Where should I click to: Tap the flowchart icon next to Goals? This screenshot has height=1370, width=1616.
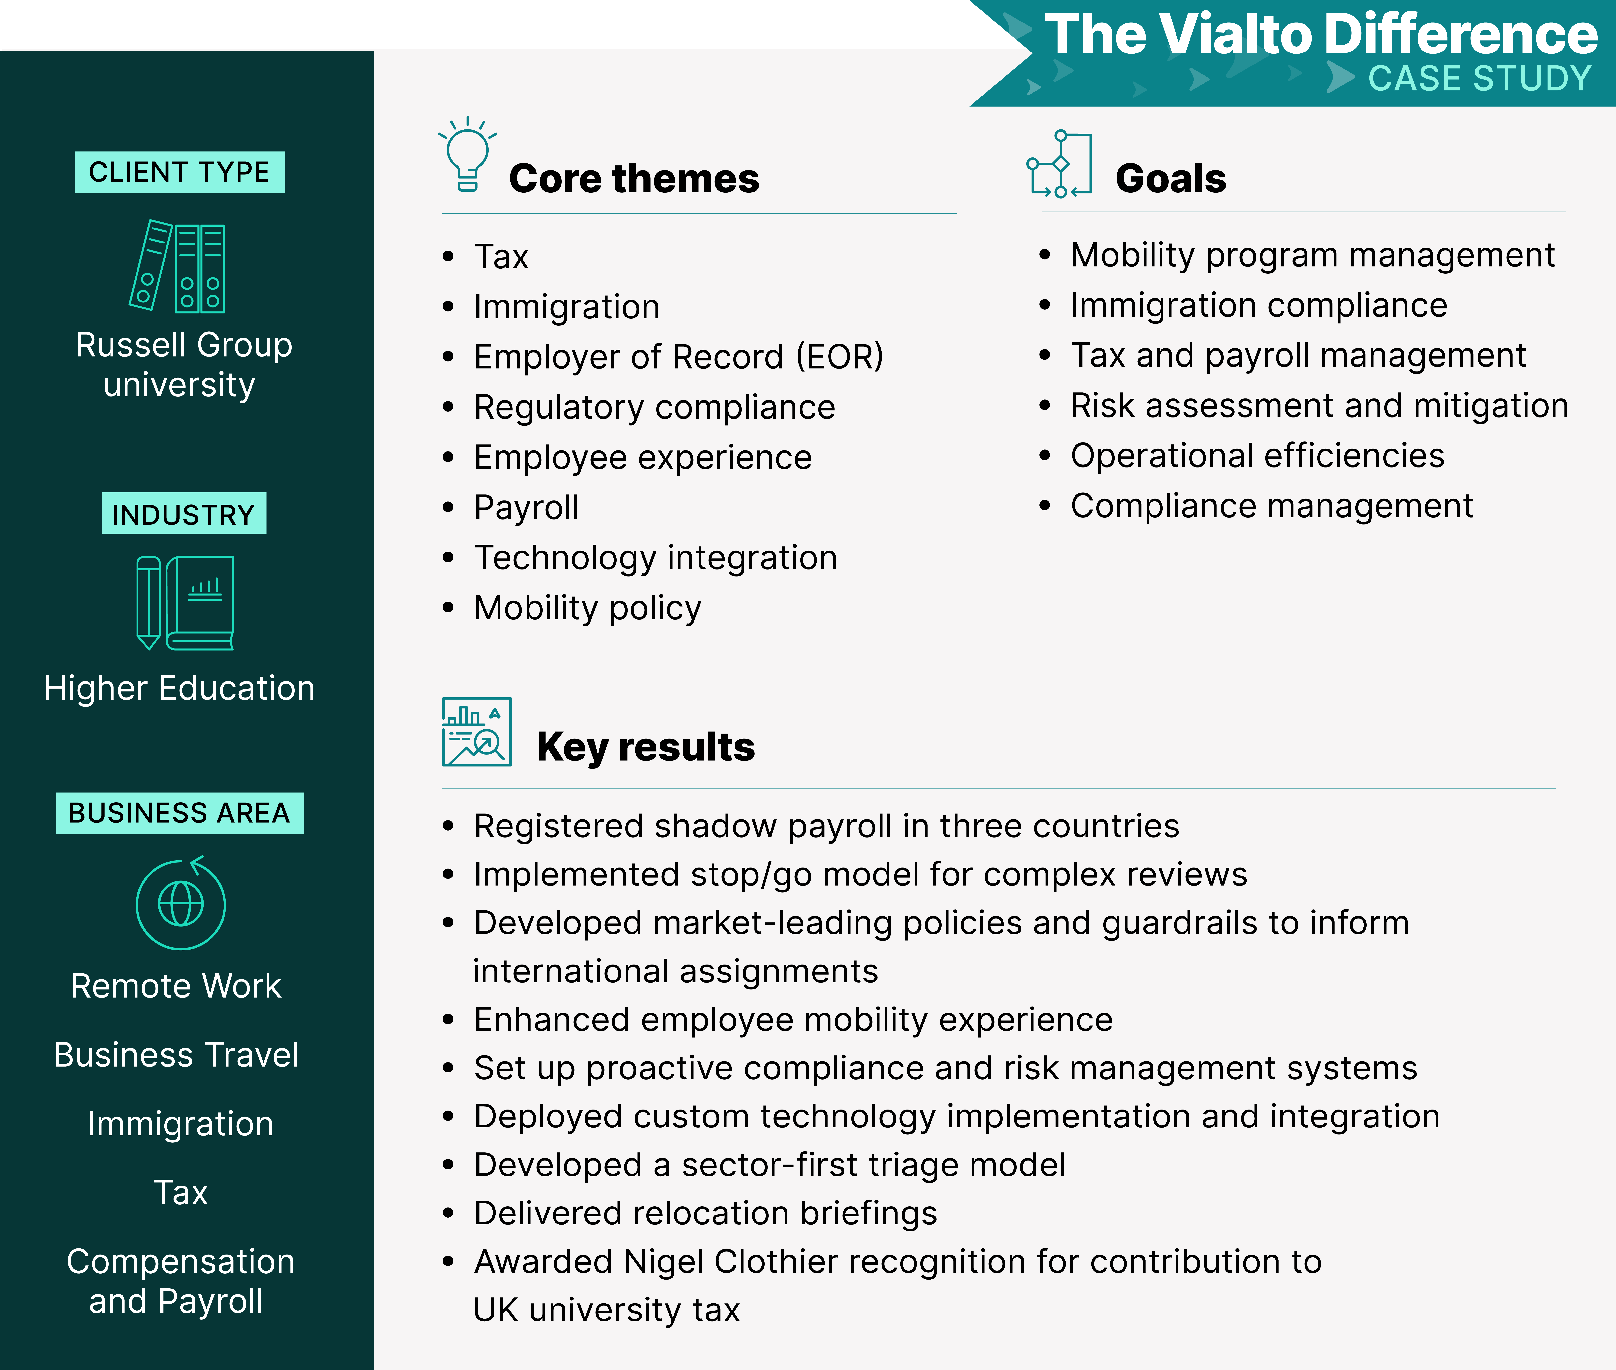pyautogui.click(x=1059, y=164)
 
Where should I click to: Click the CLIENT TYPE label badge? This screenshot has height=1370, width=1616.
pyautogui.click(x=179, y=172)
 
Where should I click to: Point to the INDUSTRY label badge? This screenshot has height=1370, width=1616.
pyautogui.click(x=184, y=513)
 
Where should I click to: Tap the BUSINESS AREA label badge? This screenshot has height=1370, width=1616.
pyautogui.click(x=179, y=813)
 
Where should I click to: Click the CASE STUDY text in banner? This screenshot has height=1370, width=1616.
pyautogui.click(x=1479, y=79)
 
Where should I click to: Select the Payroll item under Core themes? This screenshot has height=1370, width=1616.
pyautogui.click(x=527, y=508)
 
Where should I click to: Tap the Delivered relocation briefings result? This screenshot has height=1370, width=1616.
pyautogui.click(x=706, y=1213)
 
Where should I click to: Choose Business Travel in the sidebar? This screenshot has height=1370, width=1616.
pyautogui.click(x=176, y=1055)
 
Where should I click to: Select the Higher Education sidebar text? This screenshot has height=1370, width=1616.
pyautogui.click(x=179, y=688)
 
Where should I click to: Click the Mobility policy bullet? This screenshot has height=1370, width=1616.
pyautogui.click(x=588, y=608)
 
